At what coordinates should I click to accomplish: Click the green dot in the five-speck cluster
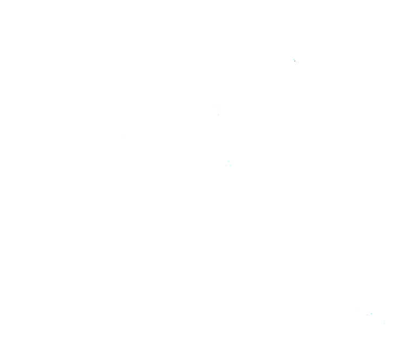pos(229,161)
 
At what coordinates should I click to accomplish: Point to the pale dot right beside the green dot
pos(230,162)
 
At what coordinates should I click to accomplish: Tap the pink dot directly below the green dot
pos(229,165)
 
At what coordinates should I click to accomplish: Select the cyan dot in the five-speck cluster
pos(230,165)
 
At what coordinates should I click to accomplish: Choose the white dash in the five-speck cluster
pos(226,165)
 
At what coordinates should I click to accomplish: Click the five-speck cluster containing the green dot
pos(229,163)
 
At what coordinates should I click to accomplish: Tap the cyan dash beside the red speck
pos(294,59)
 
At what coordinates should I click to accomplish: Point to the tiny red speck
pos(295,61)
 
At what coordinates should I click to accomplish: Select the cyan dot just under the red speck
pos(295,62)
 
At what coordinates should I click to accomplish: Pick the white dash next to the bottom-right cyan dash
pos(367,315)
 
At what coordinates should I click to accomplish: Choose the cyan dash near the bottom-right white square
pos(371,313)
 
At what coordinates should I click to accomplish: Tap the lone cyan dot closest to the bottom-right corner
pos(384,323)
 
